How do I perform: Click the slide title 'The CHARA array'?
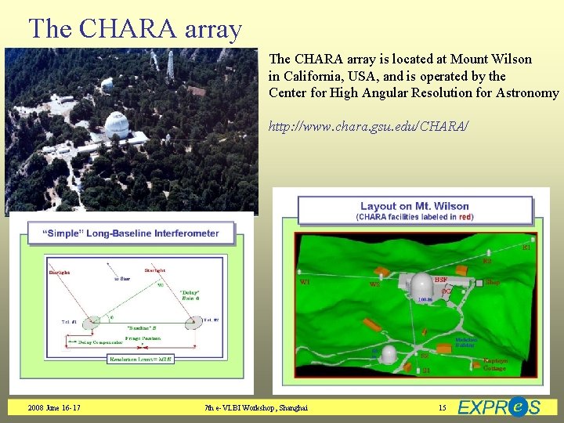coord(135,28)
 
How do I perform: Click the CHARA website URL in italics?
coord(368,125)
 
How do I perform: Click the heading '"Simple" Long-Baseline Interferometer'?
coord(130,233)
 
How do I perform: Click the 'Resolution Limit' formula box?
coord(141,359)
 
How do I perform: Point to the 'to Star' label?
coord(122,278)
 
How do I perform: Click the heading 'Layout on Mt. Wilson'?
coord(416,206)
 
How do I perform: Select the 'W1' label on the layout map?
coord(306,281)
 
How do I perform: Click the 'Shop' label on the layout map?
coord(493,281)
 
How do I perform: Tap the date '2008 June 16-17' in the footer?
coord(53,407)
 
